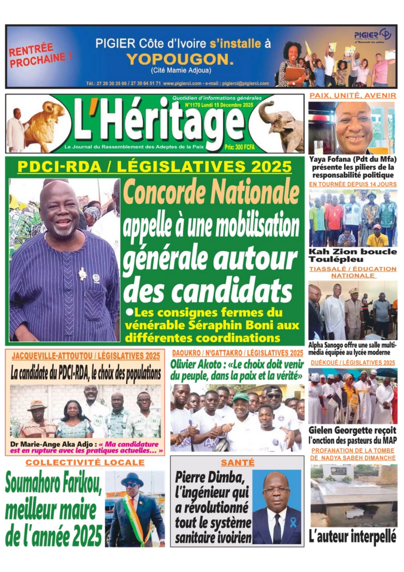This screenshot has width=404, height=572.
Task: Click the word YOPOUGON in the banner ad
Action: (180, 59)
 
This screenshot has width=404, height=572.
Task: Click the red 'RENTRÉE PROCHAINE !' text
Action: (40, 55)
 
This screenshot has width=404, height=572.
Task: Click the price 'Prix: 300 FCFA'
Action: (239, 147)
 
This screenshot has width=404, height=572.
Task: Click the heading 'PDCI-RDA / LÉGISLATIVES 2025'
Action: (155, 167)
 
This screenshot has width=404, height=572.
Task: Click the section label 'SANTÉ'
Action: (238, 462)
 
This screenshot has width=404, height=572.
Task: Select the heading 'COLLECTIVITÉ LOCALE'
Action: (85, 462)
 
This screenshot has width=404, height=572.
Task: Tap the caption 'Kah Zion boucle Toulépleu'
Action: (353, 256)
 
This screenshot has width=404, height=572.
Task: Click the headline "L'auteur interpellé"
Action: (353, 536)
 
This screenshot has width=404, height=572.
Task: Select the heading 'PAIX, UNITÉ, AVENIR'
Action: (353, 95)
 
